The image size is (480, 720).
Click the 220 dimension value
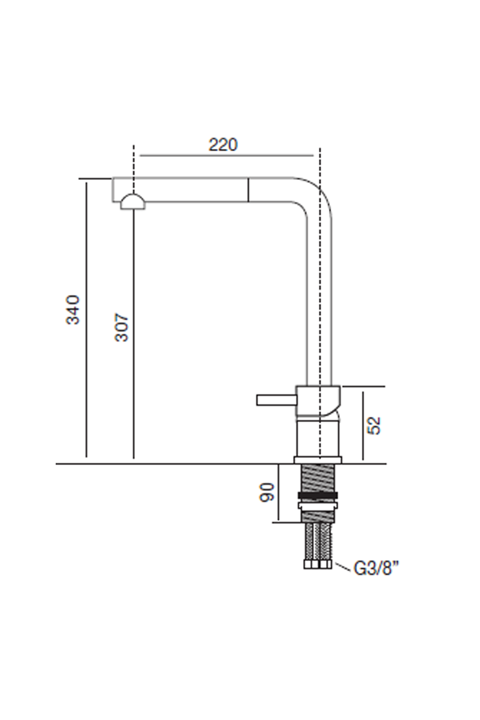coord(223,144)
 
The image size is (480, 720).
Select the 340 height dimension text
coord(73,310)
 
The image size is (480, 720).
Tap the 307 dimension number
coord(122,327)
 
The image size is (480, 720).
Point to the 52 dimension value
coord(374,425)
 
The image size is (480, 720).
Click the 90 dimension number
coord(266,492)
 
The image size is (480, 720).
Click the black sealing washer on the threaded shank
coord(317,495)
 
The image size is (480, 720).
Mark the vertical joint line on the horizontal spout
coord(248,190)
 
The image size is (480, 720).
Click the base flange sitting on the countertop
coord(317,460)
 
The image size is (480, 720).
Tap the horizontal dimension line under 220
coord(226,156)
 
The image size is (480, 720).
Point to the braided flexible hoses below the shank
coord(317,540)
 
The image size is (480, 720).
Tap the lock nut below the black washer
coord(317,505)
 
